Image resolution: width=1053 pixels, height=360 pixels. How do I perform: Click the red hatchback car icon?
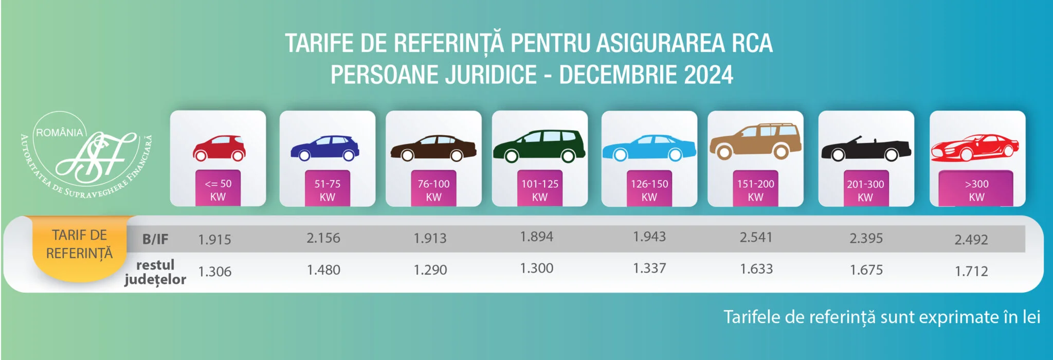(x=219, y=148)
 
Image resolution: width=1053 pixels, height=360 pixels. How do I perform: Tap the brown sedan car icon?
(x=433, y=148)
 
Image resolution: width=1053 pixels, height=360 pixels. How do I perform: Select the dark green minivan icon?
(x=539, y=146)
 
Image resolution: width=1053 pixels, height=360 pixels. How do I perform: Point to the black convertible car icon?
(x=866, y=149)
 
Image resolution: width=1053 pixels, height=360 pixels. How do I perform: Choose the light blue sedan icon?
(x=649, y=148)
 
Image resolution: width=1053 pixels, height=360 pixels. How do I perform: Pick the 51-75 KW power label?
(x=328, y=190)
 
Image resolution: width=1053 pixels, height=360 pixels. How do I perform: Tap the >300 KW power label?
(x=976, y=190)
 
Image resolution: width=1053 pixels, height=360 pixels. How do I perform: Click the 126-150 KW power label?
(x=649, y=190)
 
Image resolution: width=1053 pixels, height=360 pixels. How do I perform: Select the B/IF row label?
(x=155, y=239)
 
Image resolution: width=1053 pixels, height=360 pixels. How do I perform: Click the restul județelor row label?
(x=155, y=272)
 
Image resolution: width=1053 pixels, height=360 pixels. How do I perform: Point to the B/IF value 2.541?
(x=756, y=237)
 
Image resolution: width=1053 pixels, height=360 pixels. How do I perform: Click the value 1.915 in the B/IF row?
(x=215, y=239)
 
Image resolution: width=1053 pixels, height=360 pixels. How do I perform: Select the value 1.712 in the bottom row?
(x=971, y=271)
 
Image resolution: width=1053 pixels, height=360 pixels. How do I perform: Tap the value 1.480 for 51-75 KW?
(x=323, y=269)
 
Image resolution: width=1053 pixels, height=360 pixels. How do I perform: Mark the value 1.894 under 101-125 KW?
(x=537, y=237)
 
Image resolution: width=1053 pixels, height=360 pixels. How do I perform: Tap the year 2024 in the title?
(x=708, y=75)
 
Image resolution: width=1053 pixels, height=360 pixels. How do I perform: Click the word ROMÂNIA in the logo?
(x=59, y=133)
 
